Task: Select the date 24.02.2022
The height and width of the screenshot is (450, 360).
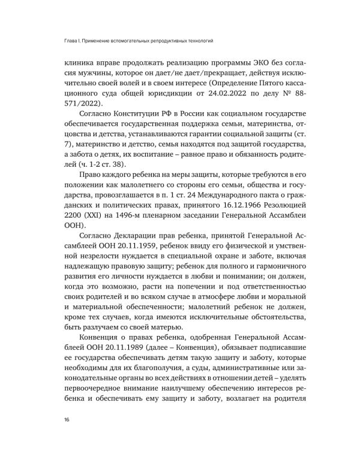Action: (223, 92)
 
